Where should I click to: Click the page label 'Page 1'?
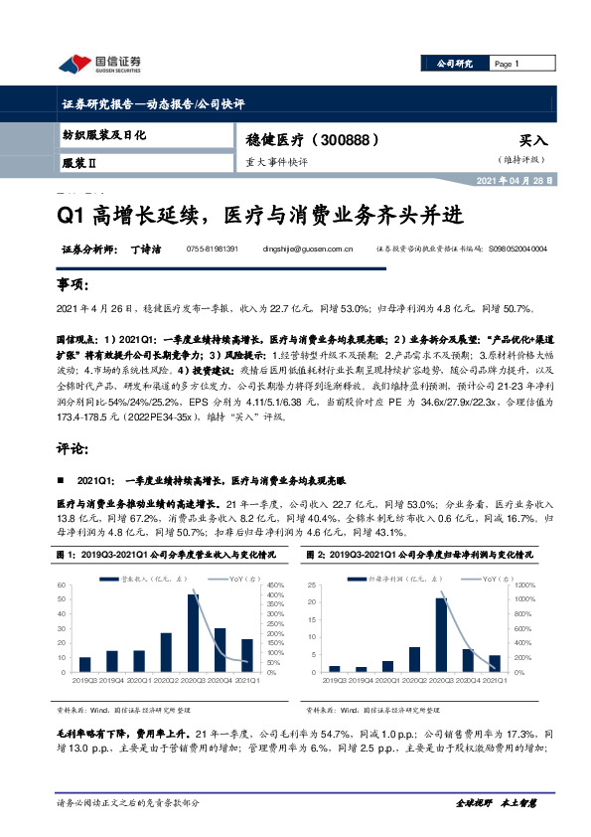pyautogui.click(x=507, y=65)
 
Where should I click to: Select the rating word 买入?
pyautogui.click(x=533, y=142)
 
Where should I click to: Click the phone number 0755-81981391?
pyautogui.click(x=212, y=250)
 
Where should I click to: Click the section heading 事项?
pyautogui.click(x=74, y=285)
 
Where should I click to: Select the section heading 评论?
pyautogui.click(x=74, y=448)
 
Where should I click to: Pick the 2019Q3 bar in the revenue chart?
pyautogui.click(x=84, y=664)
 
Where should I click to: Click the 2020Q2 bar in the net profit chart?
pyautogui.click(x=413, y=659)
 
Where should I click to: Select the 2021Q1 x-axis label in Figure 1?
pyautogui.click(x=247, y=680)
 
